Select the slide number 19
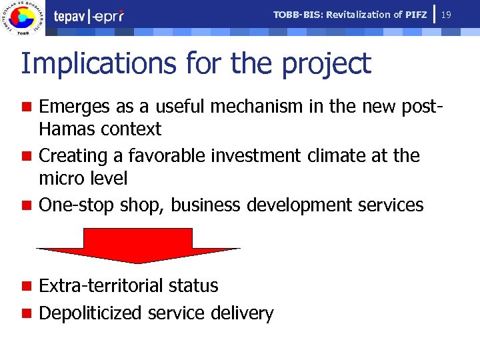pos(447,13)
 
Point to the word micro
pos(60,179)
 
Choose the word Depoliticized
pos(91,313)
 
